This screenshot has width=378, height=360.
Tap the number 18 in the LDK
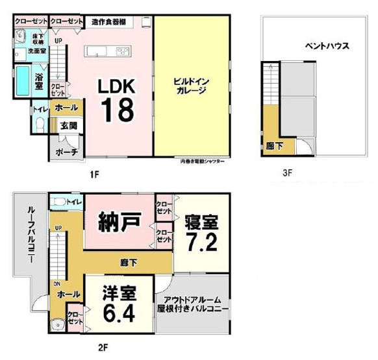(x=117, y=110)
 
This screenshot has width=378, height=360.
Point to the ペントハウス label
(x=328, y=46)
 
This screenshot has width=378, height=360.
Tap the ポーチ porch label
(x=67, y=151)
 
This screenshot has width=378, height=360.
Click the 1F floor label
(x=95, y=174)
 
